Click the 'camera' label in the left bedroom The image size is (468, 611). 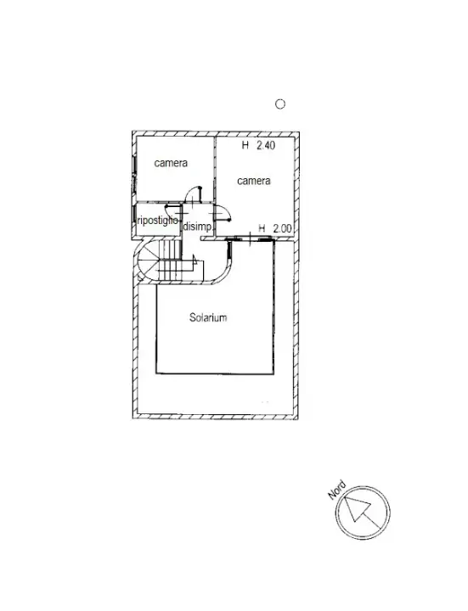pyautogui.click(x=171, y=163)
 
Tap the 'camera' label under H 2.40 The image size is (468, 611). pyautogui.click(x=254, y=181)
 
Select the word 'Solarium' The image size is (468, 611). pyautogui.click(x=207, y=317)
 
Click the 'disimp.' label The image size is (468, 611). pyautogui.click(x=197, y=226)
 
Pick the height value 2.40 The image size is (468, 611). pyautogui.click(x=266, y=146)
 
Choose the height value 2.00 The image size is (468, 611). pyautogui.click(x=283, y=228)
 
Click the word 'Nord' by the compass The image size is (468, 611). pyautogui.click(x=336, y=490)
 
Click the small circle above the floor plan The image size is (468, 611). pyautogui.click(x=280, y=104)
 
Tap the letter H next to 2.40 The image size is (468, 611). pyautogui.click(x=245, y=146)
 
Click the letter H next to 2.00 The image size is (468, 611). pyautogui.click(x=263, y=228)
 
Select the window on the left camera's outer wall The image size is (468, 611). pyautogui.click(x=133, y=181)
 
